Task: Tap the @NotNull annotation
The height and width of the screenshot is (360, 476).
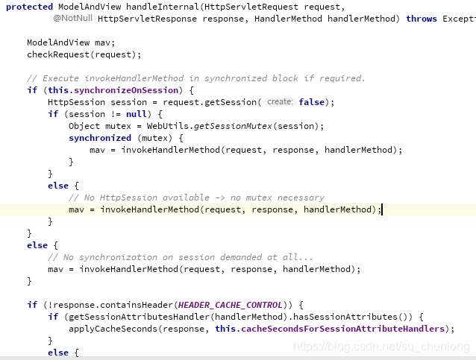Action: [73, 18]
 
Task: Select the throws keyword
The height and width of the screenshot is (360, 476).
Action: [422, 19]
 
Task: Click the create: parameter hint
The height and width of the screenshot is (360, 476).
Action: [281, 102]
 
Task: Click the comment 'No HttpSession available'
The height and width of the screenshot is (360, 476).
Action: [196, 198]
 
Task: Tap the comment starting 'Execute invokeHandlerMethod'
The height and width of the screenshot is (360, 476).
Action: [195, 78]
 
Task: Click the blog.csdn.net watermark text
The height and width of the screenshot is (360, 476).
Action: [381, 347]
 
